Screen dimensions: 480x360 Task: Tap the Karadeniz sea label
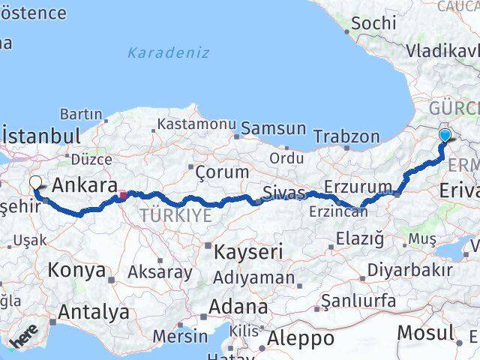tap(168, 53)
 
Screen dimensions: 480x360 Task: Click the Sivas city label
tap(285, 193)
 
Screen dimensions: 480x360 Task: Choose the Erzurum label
tap(358, 186)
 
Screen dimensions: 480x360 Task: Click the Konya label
tap(77, 271)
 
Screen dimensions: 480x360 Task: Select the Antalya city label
tap(94, 312)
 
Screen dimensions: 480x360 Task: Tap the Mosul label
tap(426, 331)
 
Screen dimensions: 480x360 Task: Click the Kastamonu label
tap(198, 123)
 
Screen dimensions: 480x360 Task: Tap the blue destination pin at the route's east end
tap(445, 135)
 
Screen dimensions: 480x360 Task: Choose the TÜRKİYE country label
tap(165, 216)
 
